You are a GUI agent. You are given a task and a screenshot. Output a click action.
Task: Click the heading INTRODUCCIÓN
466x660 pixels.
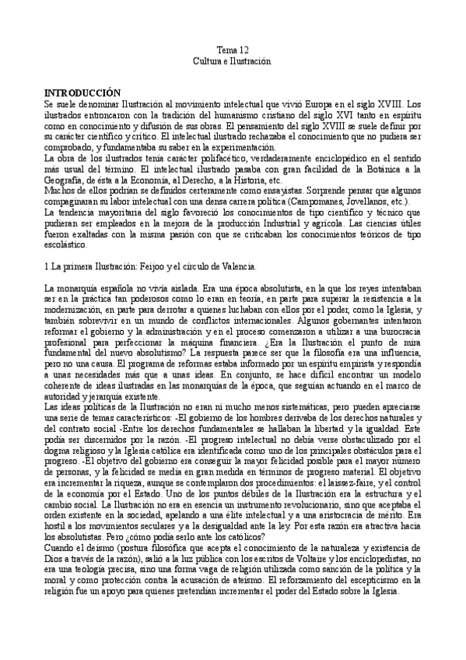(x=82, y=91)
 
